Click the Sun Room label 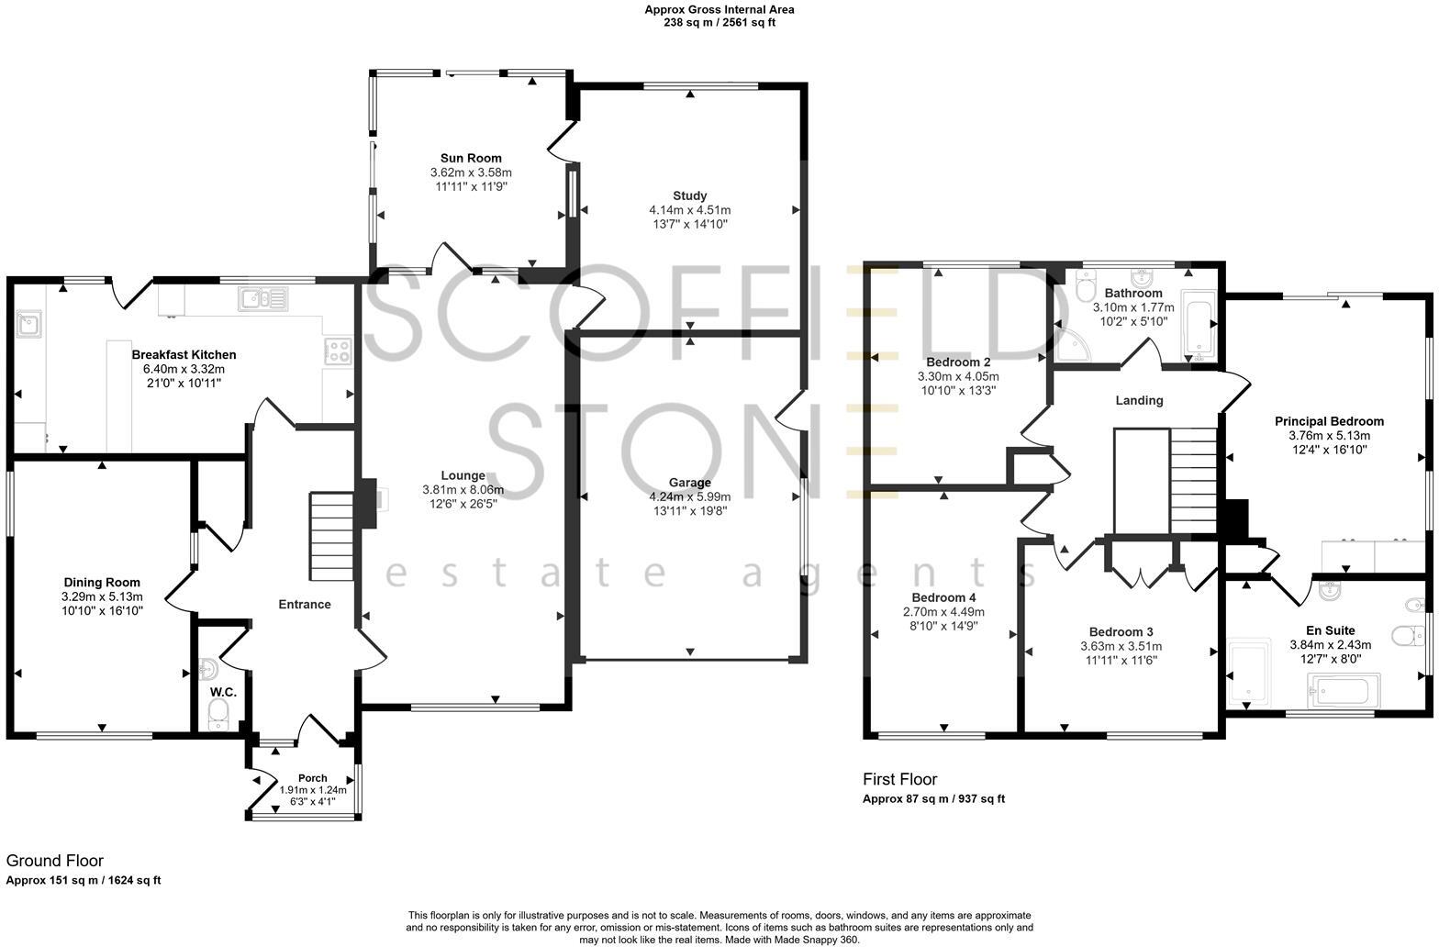point(471,158)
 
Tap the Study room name point(689,195)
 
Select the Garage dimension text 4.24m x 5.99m point(689,496)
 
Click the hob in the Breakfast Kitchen point(339,350)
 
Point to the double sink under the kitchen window point(262,297)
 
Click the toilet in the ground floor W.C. point(218,713)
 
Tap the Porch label point(312,778)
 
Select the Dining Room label point(102,582)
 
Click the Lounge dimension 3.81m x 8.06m point(463,489)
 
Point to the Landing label point(1139,400)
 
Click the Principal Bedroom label point(1328,421)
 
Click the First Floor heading point(899,779)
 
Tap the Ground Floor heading point(55,861)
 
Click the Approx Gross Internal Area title point(719,10)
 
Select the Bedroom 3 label point(1121,631)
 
